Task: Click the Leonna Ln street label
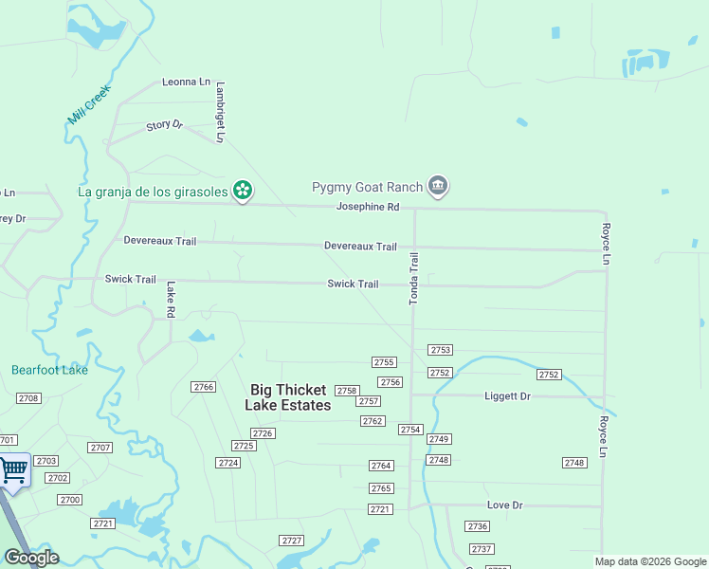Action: point(186,83)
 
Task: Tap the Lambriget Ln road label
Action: point(220,111)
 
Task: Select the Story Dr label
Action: point(164,125)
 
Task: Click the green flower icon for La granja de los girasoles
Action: point(243,191)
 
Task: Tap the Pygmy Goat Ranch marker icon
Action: point(437,186)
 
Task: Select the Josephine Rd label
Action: point(368,207)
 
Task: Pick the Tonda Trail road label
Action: point(413,279)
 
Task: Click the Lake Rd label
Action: point(171,299)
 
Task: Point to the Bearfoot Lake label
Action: point(49,370)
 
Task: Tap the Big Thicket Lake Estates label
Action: point(288,397)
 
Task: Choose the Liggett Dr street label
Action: point(507,395)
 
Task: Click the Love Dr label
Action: point(504,505)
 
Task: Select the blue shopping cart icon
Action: point(13,469)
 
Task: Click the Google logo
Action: point(31,558)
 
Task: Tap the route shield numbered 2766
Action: point(203,387)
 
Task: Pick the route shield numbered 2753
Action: point(440,350)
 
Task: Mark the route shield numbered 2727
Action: point(292,541)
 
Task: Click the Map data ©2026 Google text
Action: point(649,561)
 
